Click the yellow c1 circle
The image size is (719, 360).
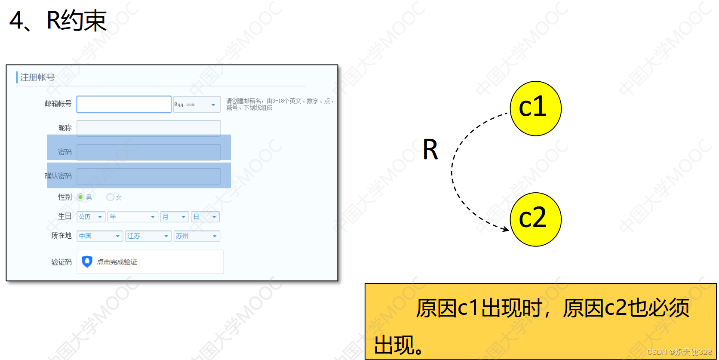[535, 108]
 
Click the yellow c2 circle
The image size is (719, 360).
[535, 219]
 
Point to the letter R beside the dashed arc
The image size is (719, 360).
[430, 150]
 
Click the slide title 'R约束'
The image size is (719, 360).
[77, 20]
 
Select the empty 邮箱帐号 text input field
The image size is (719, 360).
[124, 105]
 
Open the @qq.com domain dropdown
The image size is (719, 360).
[197, 105]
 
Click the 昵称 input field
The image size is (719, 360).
[148, 128]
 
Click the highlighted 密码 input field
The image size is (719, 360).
[148, 152]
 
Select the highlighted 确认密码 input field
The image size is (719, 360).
[148, 176]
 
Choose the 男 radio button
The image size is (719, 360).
[80, 197]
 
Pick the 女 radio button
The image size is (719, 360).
[110, 197]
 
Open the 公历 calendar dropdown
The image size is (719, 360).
[91, 217]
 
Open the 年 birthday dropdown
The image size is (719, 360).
[132, 217]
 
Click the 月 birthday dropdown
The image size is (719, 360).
[174, 217]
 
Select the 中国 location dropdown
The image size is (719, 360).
[100, 236]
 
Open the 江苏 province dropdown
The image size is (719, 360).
[148, 236]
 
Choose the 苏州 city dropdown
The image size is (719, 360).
[197, 236]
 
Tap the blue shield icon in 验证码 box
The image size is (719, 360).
[87, 262]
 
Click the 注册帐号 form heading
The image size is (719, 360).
[37, 77]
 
